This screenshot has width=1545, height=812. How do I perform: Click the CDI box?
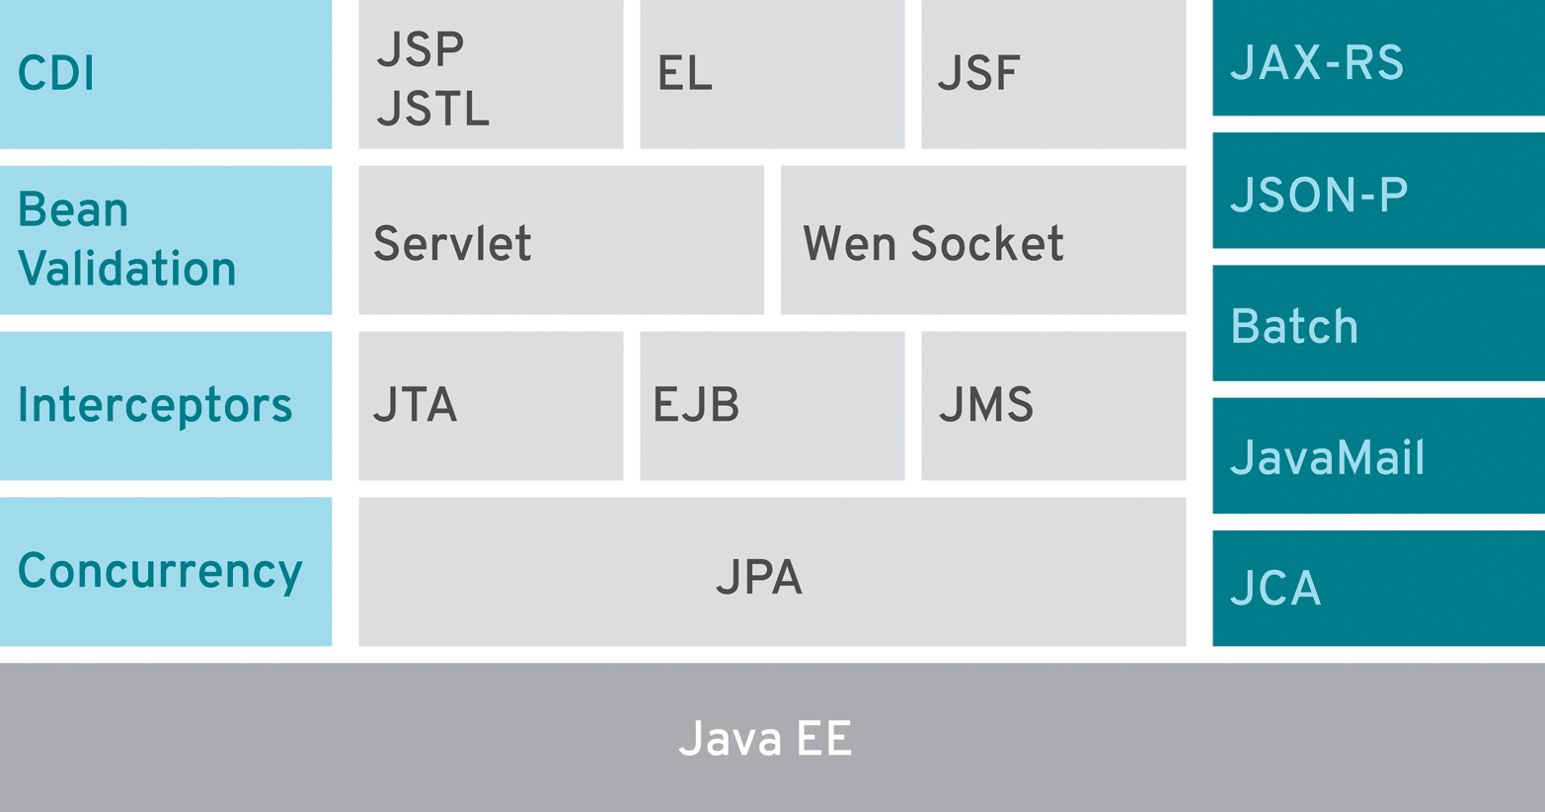click(165, 74)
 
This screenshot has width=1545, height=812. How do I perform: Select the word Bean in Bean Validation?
click(73, 210)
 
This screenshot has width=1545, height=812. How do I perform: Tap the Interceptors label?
click(155, 405)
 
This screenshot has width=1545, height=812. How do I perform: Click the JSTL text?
click(432, 109)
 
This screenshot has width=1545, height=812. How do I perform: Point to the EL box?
click(772, 74)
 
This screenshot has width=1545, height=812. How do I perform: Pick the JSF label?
click(978, 74)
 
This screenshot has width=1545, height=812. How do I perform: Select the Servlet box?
click(561, 240)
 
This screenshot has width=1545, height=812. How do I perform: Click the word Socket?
click(987, 244)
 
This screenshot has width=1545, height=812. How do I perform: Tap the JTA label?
click(415, 405)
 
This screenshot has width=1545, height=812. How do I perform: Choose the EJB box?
click(772, 405)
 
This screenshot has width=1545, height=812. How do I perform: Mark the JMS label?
click(985, 405)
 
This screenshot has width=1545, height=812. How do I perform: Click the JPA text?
click(759, 578)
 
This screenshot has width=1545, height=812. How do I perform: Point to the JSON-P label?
click(1319, 195)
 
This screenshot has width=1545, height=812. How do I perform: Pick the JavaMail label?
click(1328, 458)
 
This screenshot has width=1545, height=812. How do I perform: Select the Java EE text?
click(765, 739)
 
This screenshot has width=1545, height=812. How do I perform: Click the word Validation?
click(127, 270)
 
